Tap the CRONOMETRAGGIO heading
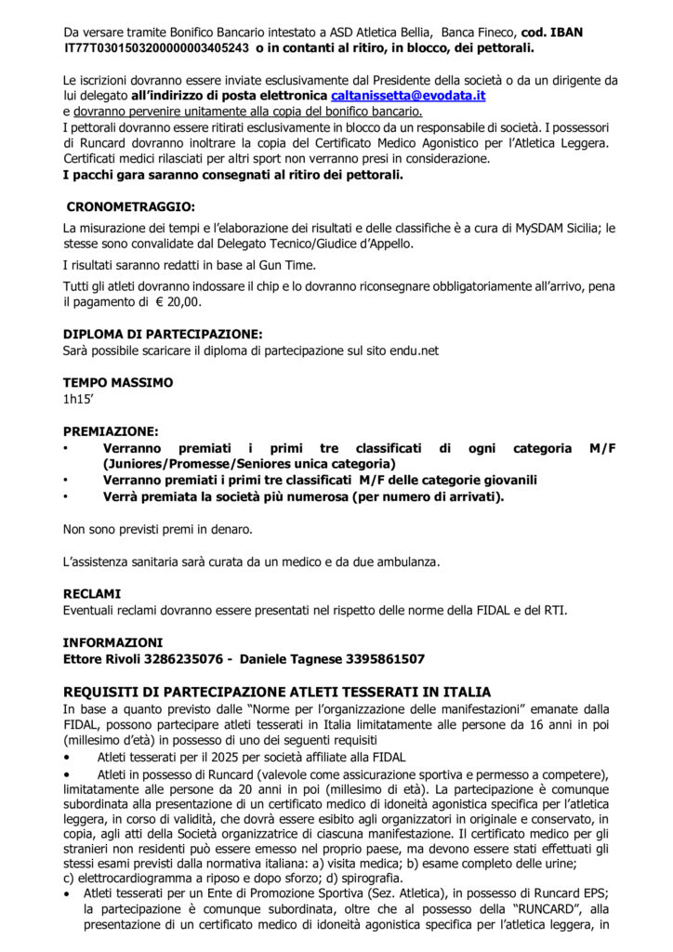point(130,207)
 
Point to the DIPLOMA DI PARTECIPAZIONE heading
point(163,334)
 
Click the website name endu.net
point(415,350)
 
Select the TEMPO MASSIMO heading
point(118,382)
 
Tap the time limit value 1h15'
point(80,400)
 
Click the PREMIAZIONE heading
point(111,431)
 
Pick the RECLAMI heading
point(92,592)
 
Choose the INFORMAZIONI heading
point(112,642)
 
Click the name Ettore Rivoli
point(100,659)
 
